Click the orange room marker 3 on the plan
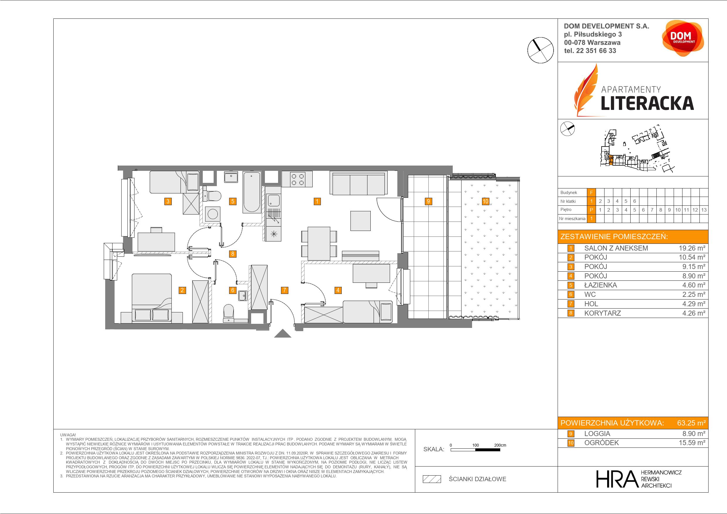tap(168, 201)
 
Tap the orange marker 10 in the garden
tap(486, 201)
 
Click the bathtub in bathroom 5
tap(252, 192)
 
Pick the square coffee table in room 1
tap(360, 221)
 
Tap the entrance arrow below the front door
tap(282, 333)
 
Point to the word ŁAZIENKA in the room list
tap(601, 285)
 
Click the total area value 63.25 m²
tap(691, 423)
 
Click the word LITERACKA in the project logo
tap(647, 103)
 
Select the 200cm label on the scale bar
tap(500, 445)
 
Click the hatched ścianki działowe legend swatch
tap(432, 479)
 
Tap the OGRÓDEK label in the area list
tap(601, 443)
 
